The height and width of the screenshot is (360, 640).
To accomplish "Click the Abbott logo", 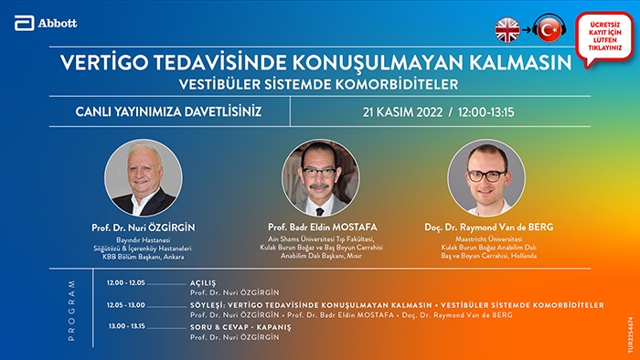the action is pyautogui.click(x=46, y=23).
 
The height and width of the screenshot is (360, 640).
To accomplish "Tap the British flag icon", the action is pyautogui.click(x=507, y=30).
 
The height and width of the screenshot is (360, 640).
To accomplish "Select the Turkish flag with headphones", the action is pyautogui.click(x=549, y=28).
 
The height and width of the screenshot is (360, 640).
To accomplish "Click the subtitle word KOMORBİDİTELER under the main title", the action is pyautogui.click(x=397, y=84).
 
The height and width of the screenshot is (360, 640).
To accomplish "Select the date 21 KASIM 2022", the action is pyautogui.click(x=402, y=112).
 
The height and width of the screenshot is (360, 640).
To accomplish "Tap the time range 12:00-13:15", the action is pyautogui.click(x=485, y=112).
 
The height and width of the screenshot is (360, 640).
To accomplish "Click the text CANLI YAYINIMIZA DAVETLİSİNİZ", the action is pyautogui.click(x=168, y=111).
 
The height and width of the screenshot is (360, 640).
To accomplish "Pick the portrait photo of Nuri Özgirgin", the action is pyautogui.click(x=144, y=178).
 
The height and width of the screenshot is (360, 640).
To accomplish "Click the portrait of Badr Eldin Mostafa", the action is pyautogui.click(x=321, y=178).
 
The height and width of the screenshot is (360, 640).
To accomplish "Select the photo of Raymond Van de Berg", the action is pyautogui.click(x=486, y=178).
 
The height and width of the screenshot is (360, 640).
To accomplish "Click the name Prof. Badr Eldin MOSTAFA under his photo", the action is pyautogui.click(x=323, y=228).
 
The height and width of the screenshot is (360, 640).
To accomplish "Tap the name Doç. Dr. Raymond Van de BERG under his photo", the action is pyautogui.click(x=489, y=228).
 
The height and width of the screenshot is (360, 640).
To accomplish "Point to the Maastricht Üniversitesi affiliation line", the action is pyautogui.click(x=489, y=238).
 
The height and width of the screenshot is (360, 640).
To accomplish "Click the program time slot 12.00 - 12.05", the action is pyautogui.click(x=126, y=282).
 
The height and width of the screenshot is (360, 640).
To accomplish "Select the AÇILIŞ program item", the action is pyautogui.click(x=203, y=283).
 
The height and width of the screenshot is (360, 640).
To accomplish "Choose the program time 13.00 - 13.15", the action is pyautogui.click(x=126, y=326).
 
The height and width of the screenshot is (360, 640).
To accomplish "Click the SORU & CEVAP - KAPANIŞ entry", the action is pyautogui.click(x=240, y=327).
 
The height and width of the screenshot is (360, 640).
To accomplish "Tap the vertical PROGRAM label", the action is pyautogui.click(x=72, y=311).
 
